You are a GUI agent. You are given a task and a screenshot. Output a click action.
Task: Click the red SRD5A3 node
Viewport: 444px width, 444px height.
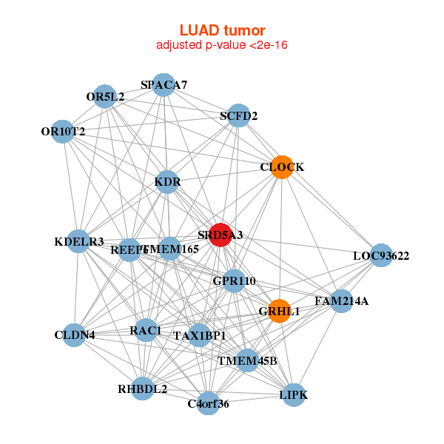[221, 235]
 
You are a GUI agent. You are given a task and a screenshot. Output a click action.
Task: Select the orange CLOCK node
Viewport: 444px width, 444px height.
[281, 167]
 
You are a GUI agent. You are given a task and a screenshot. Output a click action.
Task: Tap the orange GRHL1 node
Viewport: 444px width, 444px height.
[279, 312]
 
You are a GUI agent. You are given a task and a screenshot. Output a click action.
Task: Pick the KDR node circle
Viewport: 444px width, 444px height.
[167, 181]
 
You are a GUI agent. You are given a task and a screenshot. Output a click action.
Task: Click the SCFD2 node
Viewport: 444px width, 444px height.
[238, 115]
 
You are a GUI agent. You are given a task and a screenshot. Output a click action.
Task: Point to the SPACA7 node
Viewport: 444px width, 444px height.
[164, 85]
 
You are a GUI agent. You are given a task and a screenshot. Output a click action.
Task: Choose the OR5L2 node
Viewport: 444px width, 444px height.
[105, 96]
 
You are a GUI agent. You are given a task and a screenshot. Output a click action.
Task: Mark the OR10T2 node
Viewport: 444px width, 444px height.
[64, 132]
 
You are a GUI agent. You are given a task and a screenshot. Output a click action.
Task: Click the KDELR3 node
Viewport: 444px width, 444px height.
[79, 241]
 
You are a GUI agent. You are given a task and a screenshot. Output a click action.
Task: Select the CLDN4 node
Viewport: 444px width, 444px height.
[74, 335]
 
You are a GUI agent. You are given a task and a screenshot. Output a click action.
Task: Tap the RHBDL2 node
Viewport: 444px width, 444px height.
[143, 388]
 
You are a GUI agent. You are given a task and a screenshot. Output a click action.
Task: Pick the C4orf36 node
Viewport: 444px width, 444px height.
[209, 403]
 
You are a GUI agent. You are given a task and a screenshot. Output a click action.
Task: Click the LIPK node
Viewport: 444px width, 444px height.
[293, 395]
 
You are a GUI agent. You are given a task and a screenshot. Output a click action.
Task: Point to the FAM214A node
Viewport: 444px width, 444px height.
[341, 301]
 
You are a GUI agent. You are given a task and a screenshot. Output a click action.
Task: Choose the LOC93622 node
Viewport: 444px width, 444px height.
[380, 256]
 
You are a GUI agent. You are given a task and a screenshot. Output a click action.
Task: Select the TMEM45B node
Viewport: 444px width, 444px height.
[247, 361]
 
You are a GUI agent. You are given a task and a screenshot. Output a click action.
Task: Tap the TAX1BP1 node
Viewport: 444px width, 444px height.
[199, 336]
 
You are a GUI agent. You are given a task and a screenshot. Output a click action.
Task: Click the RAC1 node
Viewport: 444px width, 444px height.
[145, 329]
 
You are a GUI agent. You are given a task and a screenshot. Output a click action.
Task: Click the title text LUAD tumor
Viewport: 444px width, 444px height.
[222, 30]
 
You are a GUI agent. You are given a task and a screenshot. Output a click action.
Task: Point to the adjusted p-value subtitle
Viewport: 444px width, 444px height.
[222, 45]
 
